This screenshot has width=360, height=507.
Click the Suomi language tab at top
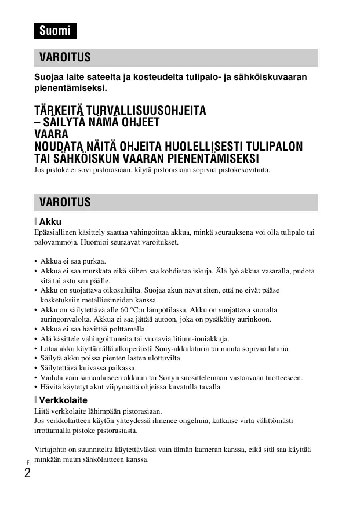pyautogui.click(x=54, y=31)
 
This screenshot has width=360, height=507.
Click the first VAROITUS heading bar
pyautogui.click(x=175, y=57)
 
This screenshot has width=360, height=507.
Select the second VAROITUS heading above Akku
pyautogui.click(x=175, y=202)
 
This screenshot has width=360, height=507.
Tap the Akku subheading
pyautogui.click(x=50, y=221)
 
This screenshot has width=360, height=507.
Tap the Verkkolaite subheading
pyautogui.click(x=63, y=400)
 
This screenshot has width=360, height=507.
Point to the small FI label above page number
pyautogui.click(x=27, y=462)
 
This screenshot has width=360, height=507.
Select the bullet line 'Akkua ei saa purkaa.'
pyautogui.click(x=73, y=261)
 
